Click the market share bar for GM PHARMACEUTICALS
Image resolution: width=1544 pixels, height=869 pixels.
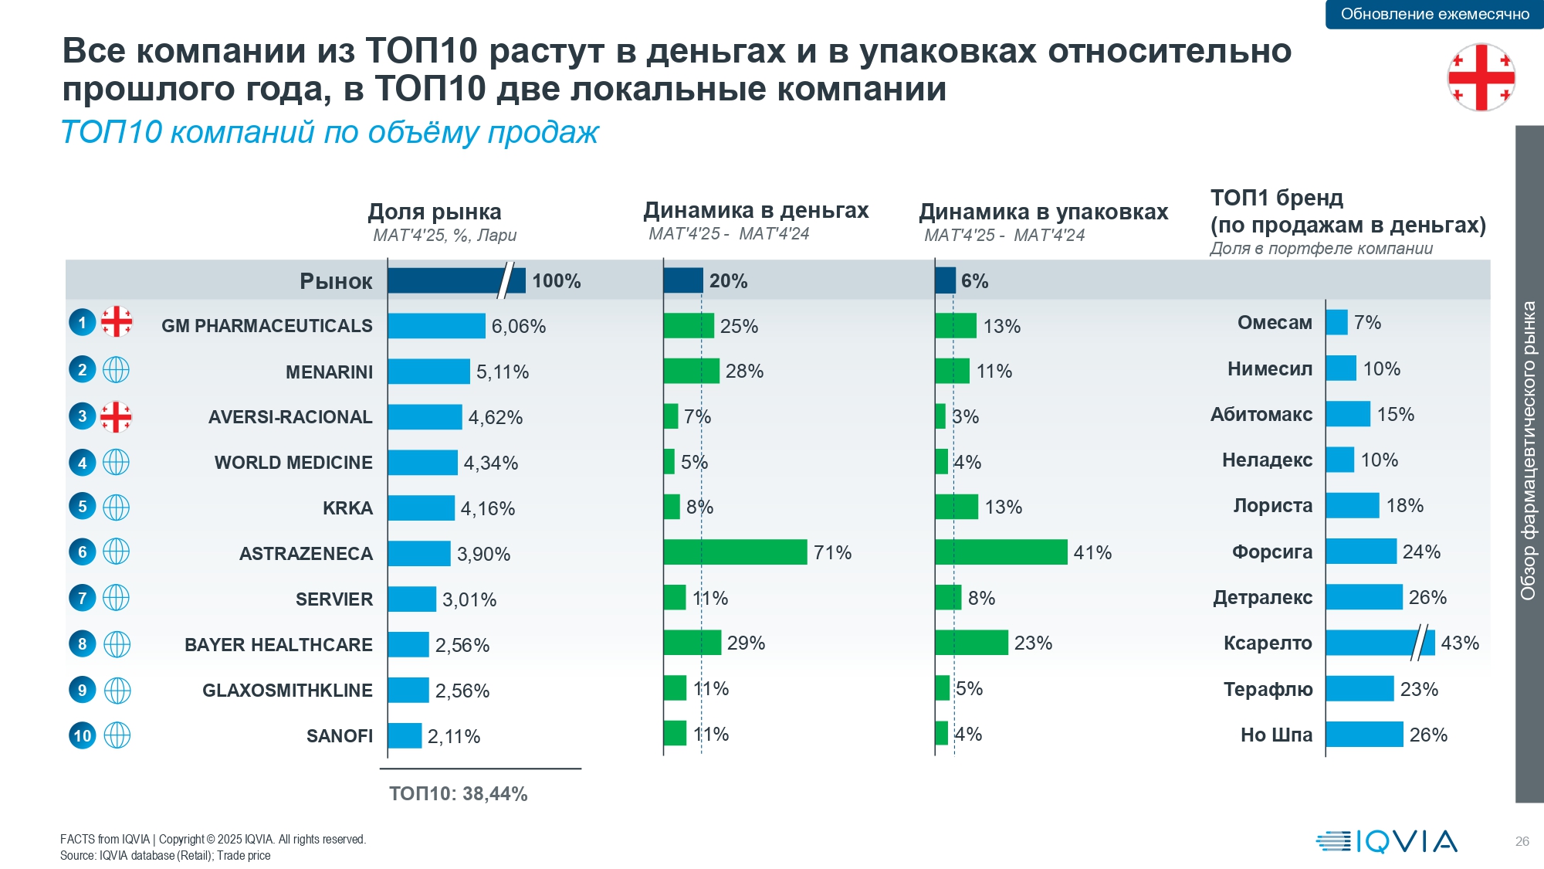[436, 326]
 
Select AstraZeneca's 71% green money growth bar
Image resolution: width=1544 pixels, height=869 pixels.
[735, 552]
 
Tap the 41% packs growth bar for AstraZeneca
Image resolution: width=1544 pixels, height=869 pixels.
[1001, 552]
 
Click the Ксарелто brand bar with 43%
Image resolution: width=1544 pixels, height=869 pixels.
[1380, 643]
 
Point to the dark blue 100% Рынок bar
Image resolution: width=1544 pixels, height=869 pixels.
[455, 280]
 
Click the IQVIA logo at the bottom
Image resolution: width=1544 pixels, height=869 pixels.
[1387, 841]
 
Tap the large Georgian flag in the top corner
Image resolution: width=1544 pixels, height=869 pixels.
[1481, 77]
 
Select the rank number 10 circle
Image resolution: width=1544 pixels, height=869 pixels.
[83, 735]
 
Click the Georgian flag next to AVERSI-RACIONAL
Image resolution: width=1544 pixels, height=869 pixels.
[116, 417]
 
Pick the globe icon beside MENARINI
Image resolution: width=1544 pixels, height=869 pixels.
[116, 371]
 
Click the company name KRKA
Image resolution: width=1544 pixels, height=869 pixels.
[347, 508]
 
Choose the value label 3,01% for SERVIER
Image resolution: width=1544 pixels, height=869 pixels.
[469, 599]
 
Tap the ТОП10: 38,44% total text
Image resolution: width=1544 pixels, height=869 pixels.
[458, 794]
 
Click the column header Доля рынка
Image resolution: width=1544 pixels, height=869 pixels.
[435, 212]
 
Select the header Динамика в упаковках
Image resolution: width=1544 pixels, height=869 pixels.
[1043, 212]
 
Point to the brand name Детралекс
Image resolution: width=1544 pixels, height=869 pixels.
[1262, 597]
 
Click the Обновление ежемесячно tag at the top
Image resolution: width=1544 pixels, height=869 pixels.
[1434, 14]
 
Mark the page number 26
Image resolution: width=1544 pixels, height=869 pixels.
[1522, 841]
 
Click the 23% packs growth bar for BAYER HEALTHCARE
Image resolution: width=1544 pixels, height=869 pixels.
[971, 643]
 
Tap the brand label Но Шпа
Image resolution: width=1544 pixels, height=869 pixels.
[1276, 735]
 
